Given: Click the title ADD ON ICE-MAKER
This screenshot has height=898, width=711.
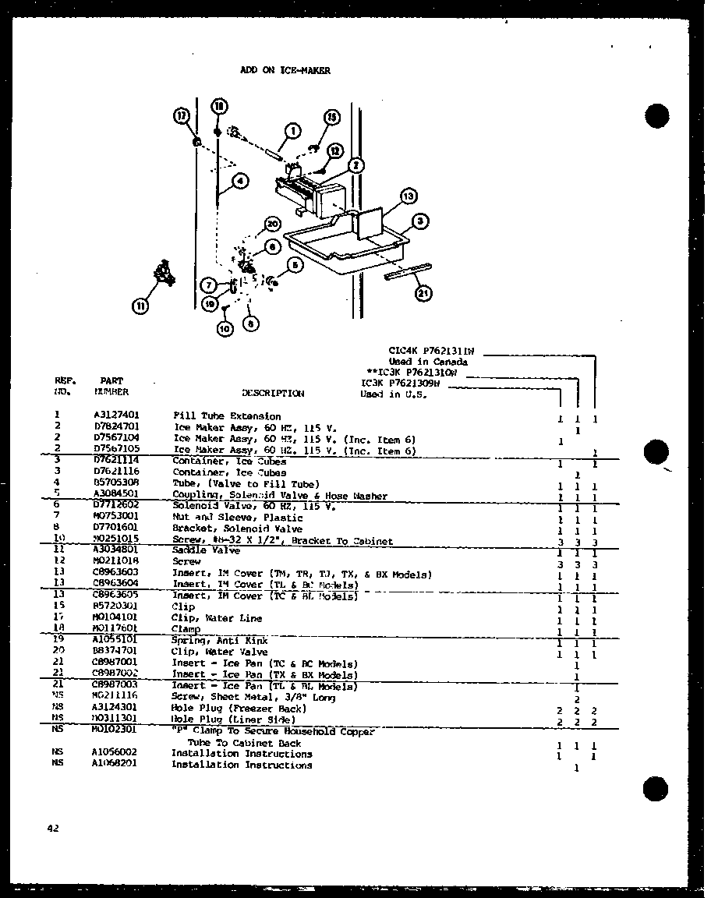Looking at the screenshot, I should pyautogui.click(x=285, y=71).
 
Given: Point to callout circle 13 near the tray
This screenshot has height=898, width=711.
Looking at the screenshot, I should pyautogui.click(x=407, y=196).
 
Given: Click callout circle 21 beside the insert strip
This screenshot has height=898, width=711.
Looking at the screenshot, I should pyautogui.click(x=423, y=293).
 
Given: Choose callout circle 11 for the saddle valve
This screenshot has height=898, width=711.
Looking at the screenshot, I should pyautogui.click(x=141, y=306).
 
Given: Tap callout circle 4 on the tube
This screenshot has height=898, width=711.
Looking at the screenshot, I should pyautogui.click(x=240, y=182).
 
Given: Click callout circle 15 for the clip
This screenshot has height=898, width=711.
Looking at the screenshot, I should pyautogui.click(x=331, y=118).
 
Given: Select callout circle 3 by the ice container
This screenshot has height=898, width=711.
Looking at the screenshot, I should pyautogui.click(x=420, y=222).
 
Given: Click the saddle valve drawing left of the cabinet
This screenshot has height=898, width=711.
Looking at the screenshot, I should pyautogui.click(x=163, y=274).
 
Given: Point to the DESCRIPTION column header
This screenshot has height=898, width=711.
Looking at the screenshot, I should pyautogui.click(x=273, y=394).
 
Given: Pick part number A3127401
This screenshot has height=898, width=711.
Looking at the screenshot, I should pyautogui.click(x=116, y=416).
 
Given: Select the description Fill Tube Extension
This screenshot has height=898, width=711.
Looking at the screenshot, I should pyautogui.click(x=226, y=416).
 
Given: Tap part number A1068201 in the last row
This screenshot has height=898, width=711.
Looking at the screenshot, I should pyautogui.click(x=116, y=765).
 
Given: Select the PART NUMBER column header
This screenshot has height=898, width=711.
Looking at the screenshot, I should pyautogui.click(x=111, y=387).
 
